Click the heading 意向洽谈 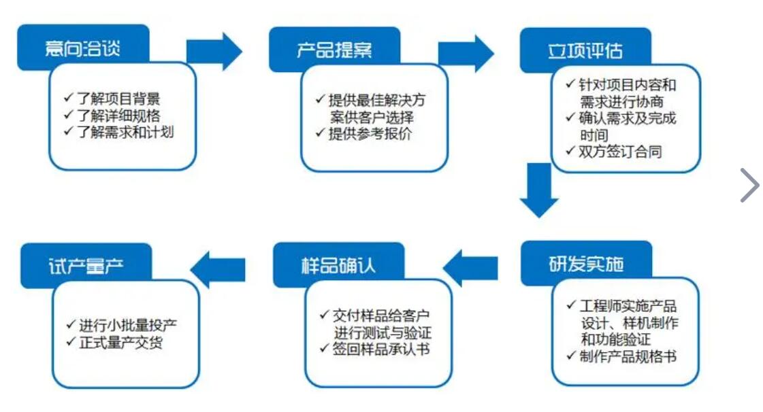(82, 48)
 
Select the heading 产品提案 (334, 50)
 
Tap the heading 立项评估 (585, 51)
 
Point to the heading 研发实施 (586, 264)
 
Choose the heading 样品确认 (338, 265)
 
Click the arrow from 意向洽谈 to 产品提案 (214, 52)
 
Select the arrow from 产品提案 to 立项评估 (466, 54)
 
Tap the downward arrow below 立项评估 (539, 190)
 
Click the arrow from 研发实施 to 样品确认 (470, 268)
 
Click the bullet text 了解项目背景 (118, 99)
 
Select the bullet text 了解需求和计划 (125, 132)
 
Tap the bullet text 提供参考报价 (370, 134)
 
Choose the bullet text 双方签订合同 (620, 152)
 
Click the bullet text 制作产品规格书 (628, 357)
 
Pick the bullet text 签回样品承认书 (380, 349)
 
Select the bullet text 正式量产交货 (120, 342)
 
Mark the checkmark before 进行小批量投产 (71, 324)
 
